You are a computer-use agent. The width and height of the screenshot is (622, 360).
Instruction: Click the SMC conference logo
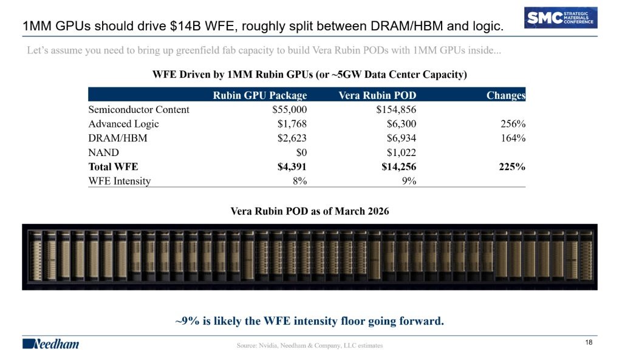[561, 18]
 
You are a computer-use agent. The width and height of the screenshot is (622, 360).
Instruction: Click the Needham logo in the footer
[51, 344]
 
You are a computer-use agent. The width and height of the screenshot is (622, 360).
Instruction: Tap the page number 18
[589, 342]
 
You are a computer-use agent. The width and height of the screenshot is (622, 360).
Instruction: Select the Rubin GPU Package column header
[260, 95]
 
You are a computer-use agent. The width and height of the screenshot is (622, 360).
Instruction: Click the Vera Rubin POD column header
[377, 95]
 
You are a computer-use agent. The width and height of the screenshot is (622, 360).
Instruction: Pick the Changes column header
[506, 95]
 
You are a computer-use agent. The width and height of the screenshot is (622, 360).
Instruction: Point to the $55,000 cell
[289, 110]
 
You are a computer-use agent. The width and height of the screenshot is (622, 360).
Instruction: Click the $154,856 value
[396, 110]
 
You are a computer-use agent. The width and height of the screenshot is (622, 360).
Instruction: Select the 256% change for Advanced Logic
[513, 124]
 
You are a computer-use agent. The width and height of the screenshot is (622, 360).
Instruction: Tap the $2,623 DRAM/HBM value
[292, 138]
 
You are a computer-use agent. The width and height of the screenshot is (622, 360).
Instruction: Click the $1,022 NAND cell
[402, 152]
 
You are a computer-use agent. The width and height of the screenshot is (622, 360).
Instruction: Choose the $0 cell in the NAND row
[301, 152]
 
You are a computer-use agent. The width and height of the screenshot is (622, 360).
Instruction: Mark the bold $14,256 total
[398, 167]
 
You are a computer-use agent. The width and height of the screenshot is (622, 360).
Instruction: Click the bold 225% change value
[512, 167]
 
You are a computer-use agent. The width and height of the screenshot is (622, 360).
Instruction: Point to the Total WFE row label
[113, 167]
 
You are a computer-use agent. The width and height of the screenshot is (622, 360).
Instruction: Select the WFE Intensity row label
[120, 181]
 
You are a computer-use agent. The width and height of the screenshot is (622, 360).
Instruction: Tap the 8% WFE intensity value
[300, 181]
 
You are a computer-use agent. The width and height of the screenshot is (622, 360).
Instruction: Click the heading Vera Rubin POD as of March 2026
[310, 211]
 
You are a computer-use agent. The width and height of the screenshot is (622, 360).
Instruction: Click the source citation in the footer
[310, 345]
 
